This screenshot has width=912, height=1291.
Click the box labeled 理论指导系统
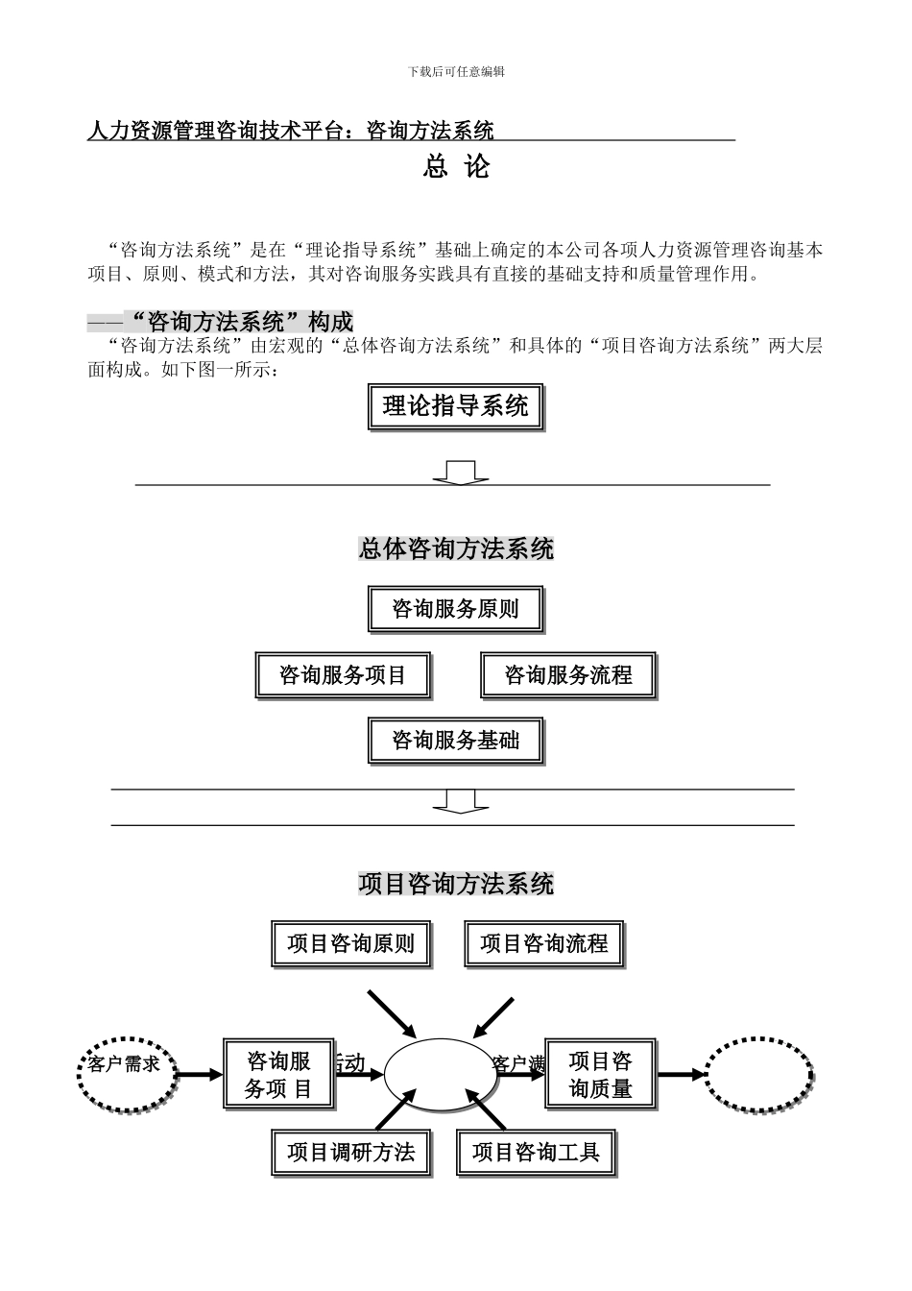(x=455, y=406)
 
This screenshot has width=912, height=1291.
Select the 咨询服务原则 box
(x=455, y=609)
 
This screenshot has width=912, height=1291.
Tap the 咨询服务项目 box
(x=343, y=675)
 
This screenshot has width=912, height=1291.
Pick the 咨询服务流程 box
(x=568, y=675)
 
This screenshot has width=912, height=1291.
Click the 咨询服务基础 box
(x=455, y=741)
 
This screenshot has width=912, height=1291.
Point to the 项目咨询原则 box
(x=350, y=943)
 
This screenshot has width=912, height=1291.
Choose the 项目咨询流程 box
(x=543, y=943)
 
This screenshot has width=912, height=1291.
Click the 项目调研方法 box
(x=350, y=1152)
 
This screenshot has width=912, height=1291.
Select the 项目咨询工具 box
(x=536, y=1152)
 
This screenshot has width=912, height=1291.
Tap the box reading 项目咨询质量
(x=601, y=1075)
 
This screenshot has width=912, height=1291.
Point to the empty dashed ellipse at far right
(x=759, y=1075)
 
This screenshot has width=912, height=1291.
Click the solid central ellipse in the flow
(x=441, y=1075)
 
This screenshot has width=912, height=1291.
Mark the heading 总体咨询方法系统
(x=456, y=549)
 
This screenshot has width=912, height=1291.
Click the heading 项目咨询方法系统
(x=456, y=884)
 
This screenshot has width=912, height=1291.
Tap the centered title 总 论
(x=456, y=167)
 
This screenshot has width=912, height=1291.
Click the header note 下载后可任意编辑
(x=456, y=72)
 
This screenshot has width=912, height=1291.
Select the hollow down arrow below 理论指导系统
(x=460, y=472)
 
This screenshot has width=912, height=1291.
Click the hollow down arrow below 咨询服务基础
(x=460, y=801)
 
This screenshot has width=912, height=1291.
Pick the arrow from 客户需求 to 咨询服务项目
(x=199, y=1075)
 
